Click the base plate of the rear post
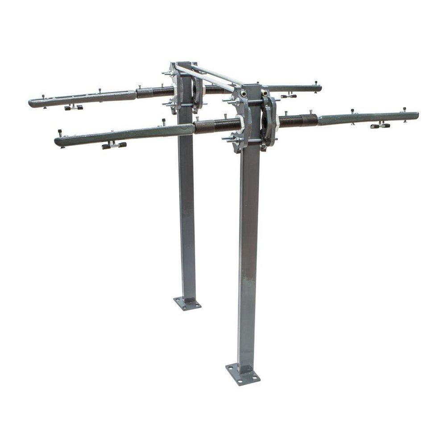pos(187,303)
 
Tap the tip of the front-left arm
pos(57,142)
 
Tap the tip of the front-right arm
pos(416,116)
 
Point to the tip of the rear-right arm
pos(319,87)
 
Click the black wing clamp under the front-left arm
pos(114,145)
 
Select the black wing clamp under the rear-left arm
pos(74,107)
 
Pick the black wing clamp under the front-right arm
pos(380,126)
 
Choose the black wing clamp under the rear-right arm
pos(289,96)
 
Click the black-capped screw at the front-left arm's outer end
pos(60,133)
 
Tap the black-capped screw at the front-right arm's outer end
pos(405,109)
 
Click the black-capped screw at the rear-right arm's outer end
pos(316,83)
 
